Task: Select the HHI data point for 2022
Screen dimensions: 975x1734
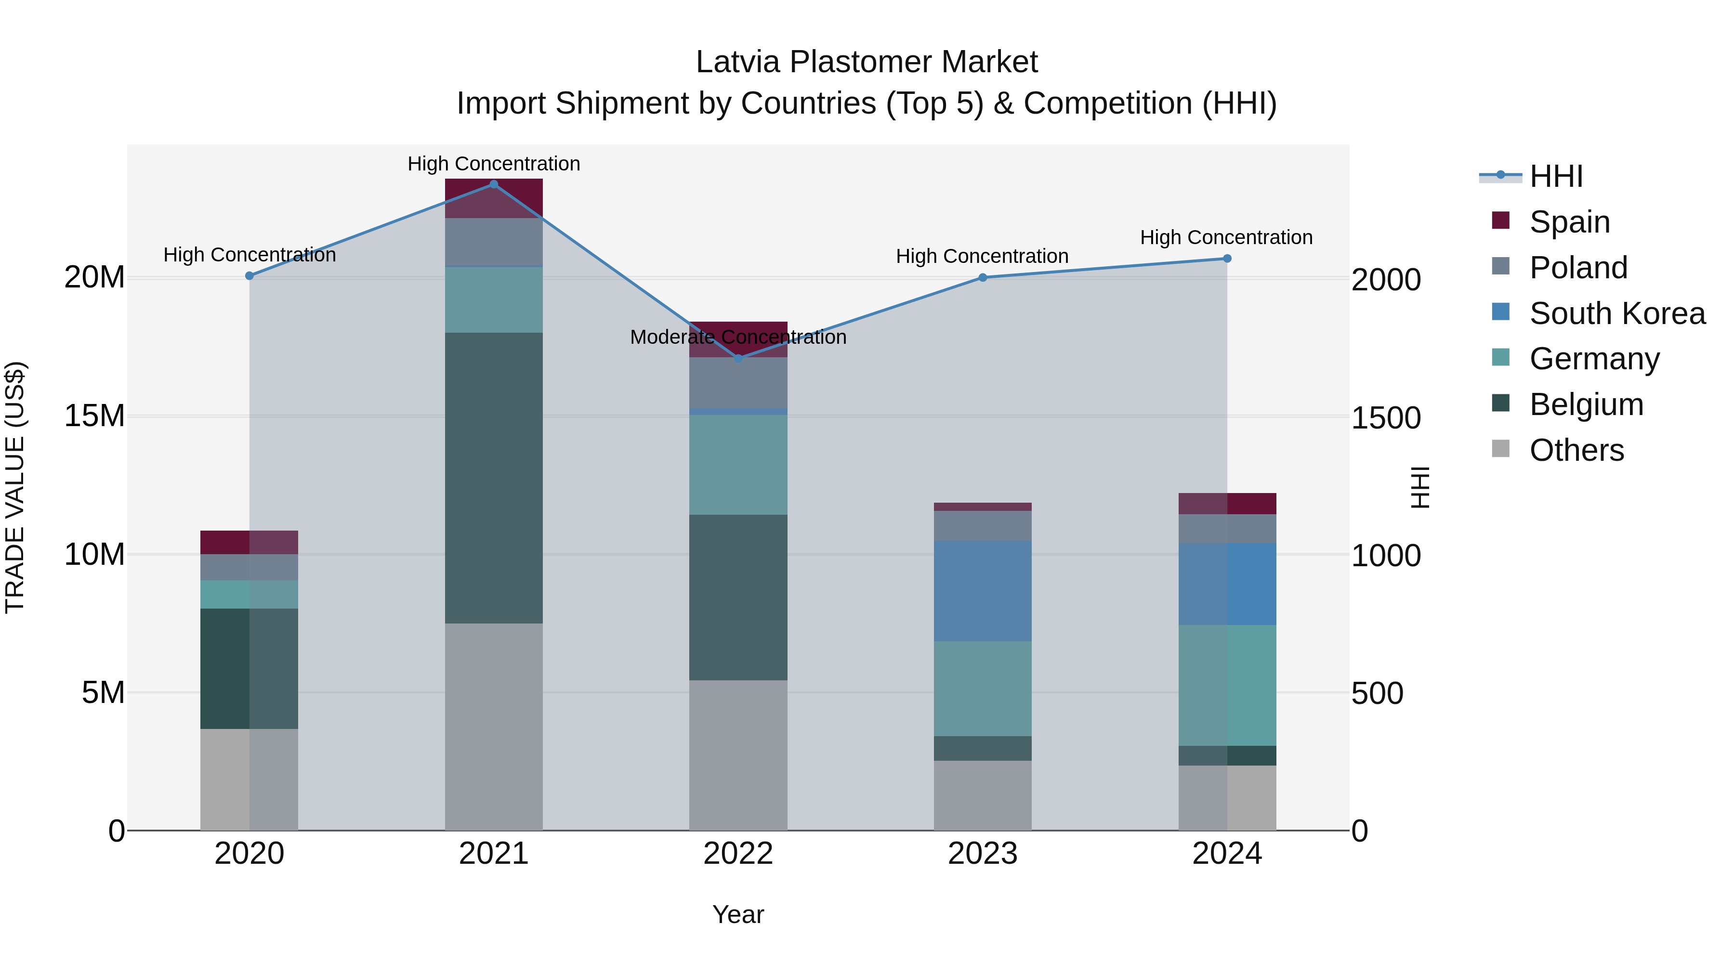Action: [x=738, y=359]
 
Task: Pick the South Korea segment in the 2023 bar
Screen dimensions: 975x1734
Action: [x=982, y=591]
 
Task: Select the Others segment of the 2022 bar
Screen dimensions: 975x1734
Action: [x=738, y=755]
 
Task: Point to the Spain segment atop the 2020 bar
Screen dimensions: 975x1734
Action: [x=249, y=542]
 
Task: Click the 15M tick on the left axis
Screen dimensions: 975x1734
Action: [x=94, y=416]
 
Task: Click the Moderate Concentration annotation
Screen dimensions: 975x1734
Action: [x=738, y=337]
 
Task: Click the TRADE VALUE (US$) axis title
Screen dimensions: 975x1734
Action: [x=15, y=487]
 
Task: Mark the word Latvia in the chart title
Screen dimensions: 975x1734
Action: [x=738, y=62]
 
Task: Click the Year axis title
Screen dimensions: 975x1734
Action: [x=738, y=914]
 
